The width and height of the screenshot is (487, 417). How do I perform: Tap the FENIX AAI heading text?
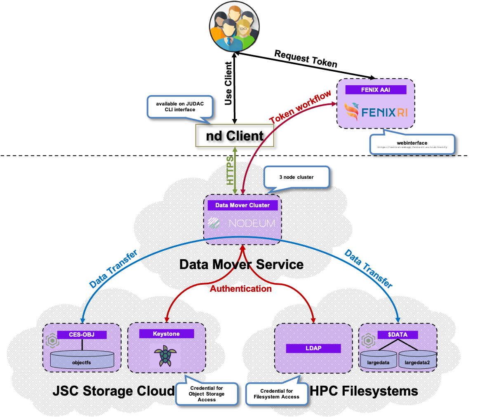[375, 90]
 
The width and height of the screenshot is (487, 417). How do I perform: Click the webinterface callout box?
[412, 145]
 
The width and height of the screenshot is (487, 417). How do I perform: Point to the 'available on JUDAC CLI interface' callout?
[180, 107]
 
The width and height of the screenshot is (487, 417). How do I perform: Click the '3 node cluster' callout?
[296, 177]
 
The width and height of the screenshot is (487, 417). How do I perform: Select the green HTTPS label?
[230, 170]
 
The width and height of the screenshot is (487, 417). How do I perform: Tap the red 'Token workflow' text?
[300, 107]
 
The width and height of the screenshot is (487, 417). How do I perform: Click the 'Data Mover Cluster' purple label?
[242, 205]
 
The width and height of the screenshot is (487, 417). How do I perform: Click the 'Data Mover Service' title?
[241, 264]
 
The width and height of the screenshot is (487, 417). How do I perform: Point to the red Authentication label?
[241, 289]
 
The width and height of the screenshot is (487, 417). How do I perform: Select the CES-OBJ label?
[82, 335]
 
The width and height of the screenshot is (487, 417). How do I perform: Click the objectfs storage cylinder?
[82, 360]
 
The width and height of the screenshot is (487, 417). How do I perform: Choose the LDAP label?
[313, 348]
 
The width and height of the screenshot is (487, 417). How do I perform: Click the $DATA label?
[398, 335]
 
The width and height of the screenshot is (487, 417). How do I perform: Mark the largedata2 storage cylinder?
[417, 360]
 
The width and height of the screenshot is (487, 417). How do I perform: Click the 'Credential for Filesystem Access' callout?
[277, 394]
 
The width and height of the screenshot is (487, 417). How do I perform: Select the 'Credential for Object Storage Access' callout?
[207, 394]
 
